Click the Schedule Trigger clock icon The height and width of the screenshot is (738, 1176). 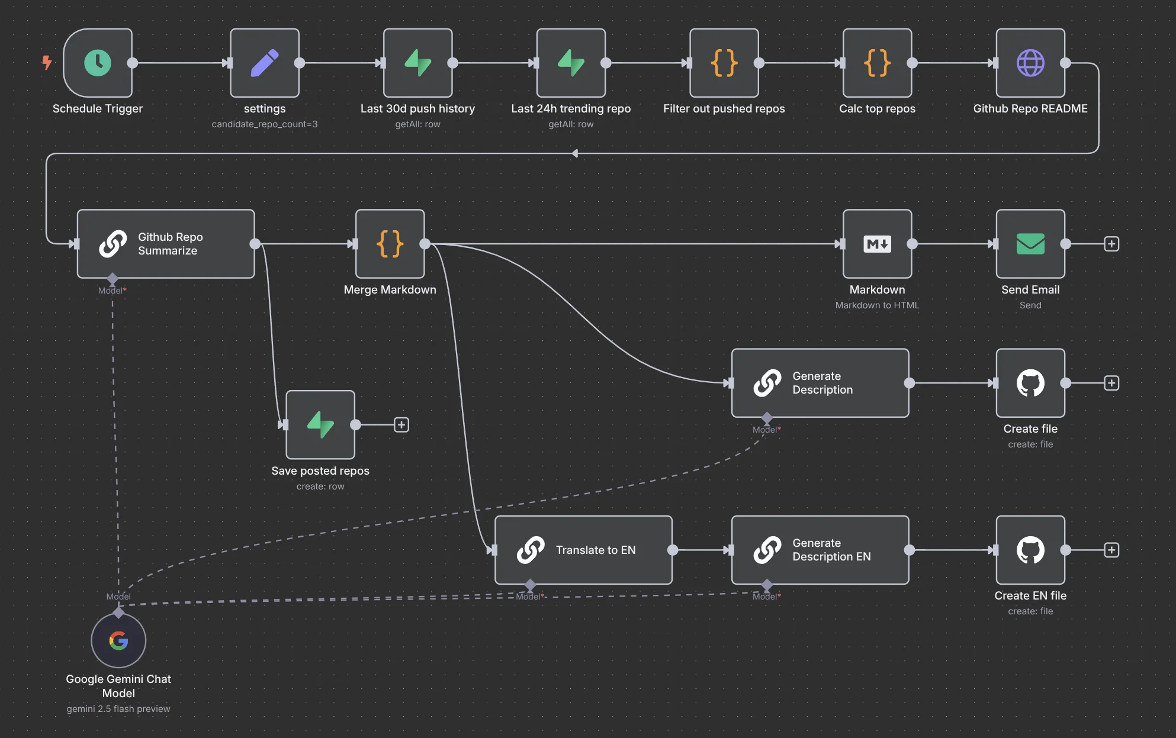coord(98,63)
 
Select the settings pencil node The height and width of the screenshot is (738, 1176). coord(265,63)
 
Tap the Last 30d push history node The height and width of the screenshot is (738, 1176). coord(417,63)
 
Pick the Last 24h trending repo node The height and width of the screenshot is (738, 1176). coord(571,63)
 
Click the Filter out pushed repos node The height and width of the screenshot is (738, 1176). coord(724,63)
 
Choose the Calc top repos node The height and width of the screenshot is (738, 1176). coord(877,63)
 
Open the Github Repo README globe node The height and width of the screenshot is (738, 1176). coord(1030,63)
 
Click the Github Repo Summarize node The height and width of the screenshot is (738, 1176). coord(166,244)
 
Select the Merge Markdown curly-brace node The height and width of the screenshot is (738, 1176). coord(390,244)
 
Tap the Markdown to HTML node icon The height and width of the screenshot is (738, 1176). coord(877,244)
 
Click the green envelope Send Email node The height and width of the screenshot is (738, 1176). coord(1030,244)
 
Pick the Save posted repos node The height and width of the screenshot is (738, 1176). coord(320,424)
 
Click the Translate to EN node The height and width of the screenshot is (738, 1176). coord(583,550)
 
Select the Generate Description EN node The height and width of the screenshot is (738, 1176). coord(820,550)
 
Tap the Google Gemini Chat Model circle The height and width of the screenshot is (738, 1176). coord(118,640)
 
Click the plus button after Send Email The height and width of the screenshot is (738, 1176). coord(1111,244)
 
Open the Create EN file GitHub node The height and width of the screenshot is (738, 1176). coord(1030,550)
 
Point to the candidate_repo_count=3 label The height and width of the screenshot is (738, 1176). coord(265,124)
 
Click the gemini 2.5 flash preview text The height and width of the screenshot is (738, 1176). coord(118,708)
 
